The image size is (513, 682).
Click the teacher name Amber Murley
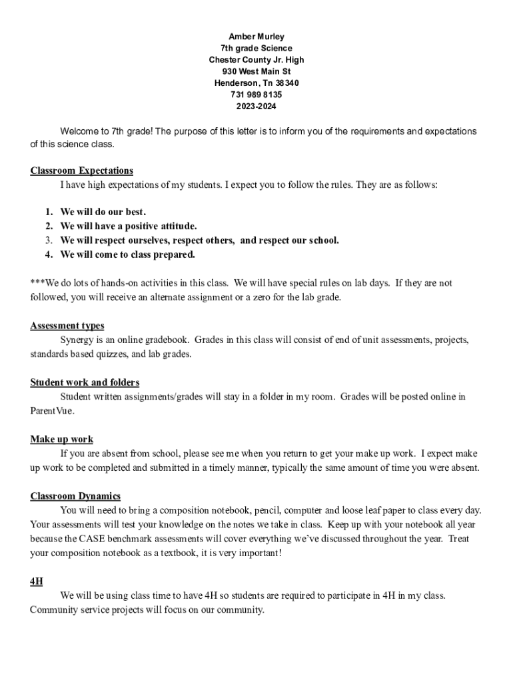[256, 37]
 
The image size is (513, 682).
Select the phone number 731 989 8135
[256, 95]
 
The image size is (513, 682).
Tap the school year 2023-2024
[256, 107]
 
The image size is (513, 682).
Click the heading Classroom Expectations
[81, 170]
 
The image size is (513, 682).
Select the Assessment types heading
[67, 326]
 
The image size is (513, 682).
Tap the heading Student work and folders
[85, 382]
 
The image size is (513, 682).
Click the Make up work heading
[61, 439]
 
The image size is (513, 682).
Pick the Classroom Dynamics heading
[75, 496]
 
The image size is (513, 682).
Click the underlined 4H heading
[37, 581]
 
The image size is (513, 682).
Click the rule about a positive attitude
[129, 226]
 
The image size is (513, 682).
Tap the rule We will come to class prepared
[128, 254]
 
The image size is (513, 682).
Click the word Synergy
[78, 340]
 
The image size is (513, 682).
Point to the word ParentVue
[52, 411]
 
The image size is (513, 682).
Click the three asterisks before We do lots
[37, 283]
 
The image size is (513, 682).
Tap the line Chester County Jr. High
[256, 60]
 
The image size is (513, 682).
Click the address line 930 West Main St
[256, 71]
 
